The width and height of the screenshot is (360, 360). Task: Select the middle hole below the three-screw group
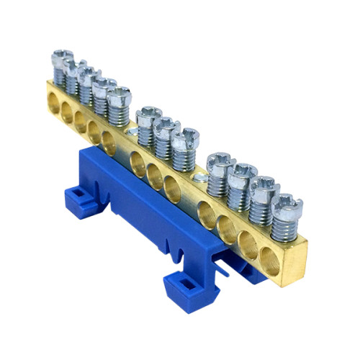[x=154, y=173]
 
